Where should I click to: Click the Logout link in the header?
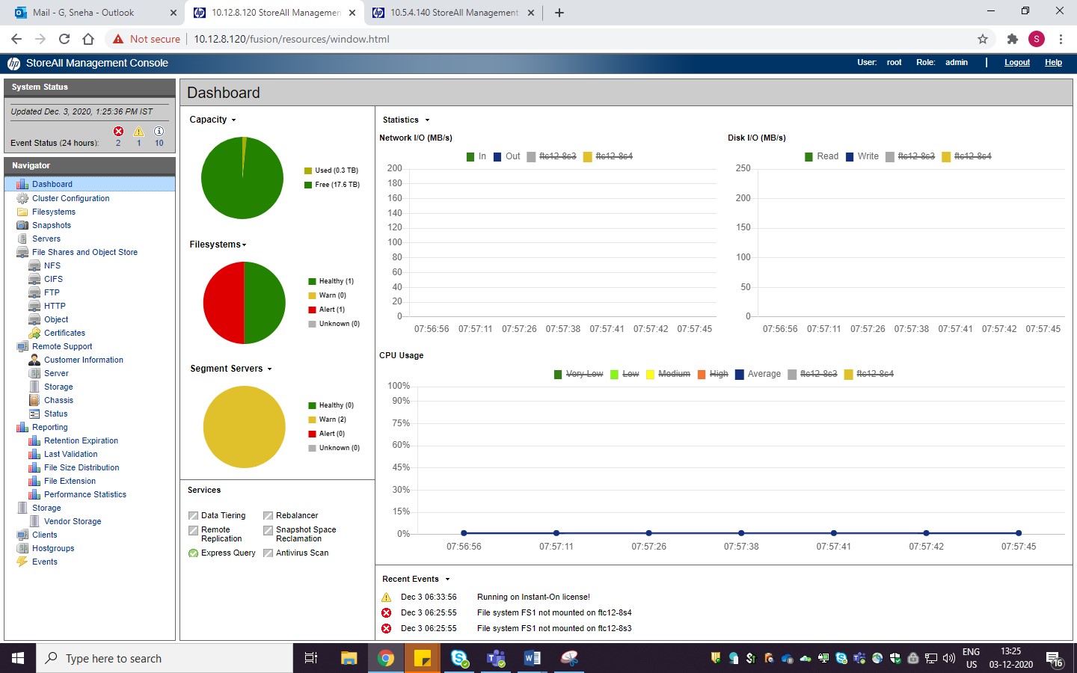pos(1016,63)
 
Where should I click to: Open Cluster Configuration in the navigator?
pos(70,198)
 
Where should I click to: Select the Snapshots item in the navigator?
pos(51,225)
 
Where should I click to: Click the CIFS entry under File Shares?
pos(53,279)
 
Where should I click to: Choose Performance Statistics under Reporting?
pos(85,494)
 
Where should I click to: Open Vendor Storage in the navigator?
pos(72,521)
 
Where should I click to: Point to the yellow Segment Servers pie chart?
pos(244,427)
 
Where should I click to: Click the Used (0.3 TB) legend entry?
pos(336,170)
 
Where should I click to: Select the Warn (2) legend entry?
pos(332,420)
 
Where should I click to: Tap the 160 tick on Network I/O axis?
pos(394,198)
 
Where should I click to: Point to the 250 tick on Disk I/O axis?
pos(743,168)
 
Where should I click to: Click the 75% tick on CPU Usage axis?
pos(401,423)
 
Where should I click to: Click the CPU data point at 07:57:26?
pos(648,533)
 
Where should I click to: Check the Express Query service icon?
pos(194,553)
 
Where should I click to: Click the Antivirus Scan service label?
pos(301,553)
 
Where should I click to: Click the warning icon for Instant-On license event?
pos(387,597)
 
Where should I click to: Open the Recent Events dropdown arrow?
pos(447,580)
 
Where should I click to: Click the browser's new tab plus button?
pos(559,13)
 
